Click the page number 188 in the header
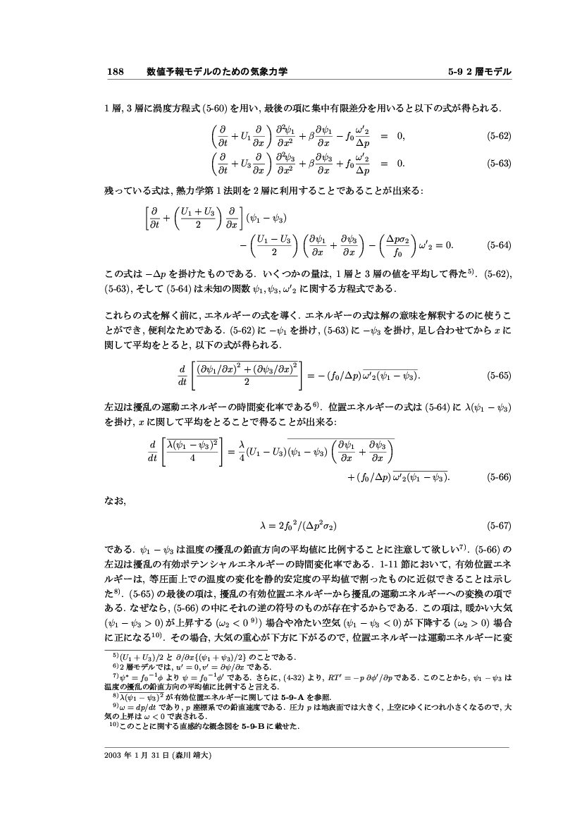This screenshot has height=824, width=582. click(115, 72)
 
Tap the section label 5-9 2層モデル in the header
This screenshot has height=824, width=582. click(479, 72)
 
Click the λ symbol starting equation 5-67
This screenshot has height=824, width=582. click(264, 527)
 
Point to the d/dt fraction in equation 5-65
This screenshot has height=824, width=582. click(182, 376)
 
